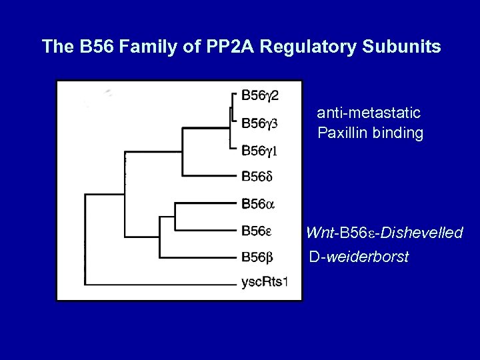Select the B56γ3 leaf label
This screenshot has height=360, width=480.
(260, 123)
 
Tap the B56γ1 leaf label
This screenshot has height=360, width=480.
(259, 151)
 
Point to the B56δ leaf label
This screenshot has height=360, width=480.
(257, 177)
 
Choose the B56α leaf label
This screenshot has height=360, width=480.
(257, 204)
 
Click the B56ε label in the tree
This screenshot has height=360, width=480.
(256, 231)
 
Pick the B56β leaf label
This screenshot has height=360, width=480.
(257, 257)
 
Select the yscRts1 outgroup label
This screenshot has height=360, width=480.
(264, 283)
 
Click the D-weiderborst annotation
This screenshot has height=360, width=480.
(359, 257)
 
